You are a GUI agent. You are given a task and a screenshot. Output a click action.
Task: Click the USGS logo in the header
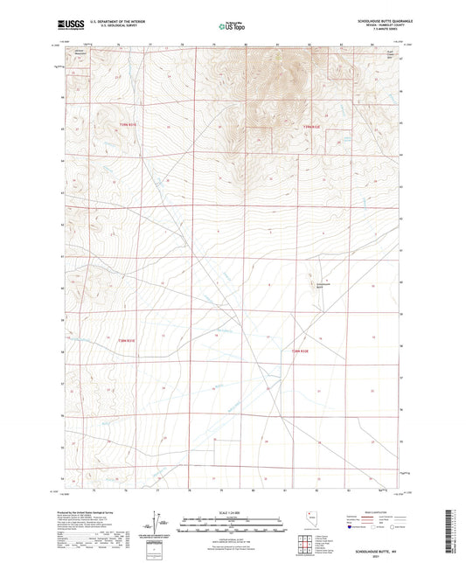(66, 26)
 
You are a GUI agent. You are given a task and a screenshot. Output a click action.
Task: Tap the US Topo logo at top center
(232, 26)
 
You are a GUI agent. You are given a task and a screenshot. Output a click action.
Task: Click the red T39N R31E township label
(128, 125)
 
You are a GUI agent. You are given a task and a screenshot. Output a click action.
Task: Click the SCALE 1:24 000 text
(232, 511)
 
